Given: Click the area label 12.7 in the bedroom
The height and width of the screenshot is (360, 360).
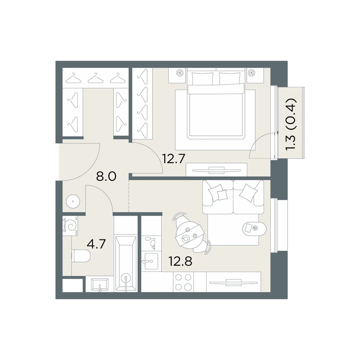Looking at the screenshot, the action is coord(174,158).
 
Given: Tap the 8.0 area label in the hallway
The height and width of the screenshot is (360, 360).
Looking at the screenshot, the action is coord(106,176).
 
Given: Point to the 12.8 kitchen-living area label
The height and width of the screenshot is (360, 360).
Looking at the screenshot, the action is coord(180,261).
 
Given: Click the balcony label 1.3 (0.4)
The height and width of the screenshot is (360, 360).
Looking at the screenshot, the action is coord(291,124).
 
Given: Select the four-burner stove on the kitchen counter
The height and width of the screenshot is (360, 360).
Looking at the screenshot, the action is coord(183,282).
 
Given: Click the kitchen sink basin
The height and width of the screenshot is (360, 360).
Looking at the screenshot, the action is coord(151,261).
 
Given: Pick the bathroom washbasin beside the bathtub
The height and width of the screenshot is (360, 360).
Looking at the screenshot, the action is coord(100,285).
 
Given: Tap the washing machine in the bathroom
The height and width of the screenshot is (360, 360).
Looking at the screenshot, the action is coord(70,226).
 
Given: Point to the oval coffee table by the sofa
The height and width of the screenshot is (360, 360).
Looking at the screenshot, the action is coord(255,229).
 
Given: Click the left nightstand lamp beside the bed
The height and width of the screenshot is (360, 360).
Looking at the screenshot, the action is coord(180,73).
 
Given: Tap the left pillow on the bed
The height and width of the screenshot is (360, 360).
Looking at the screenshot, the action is coord(202,79).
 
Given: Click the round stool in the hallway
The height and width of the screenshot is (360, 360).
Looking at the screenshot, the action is coord(73,202).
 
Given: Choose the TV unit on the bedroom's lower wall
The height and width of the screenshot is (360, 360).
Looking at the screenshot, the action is coord(216,170).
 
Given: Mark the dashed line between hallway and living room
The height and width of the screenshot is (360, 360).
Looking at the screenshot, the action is coord(129,196).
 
